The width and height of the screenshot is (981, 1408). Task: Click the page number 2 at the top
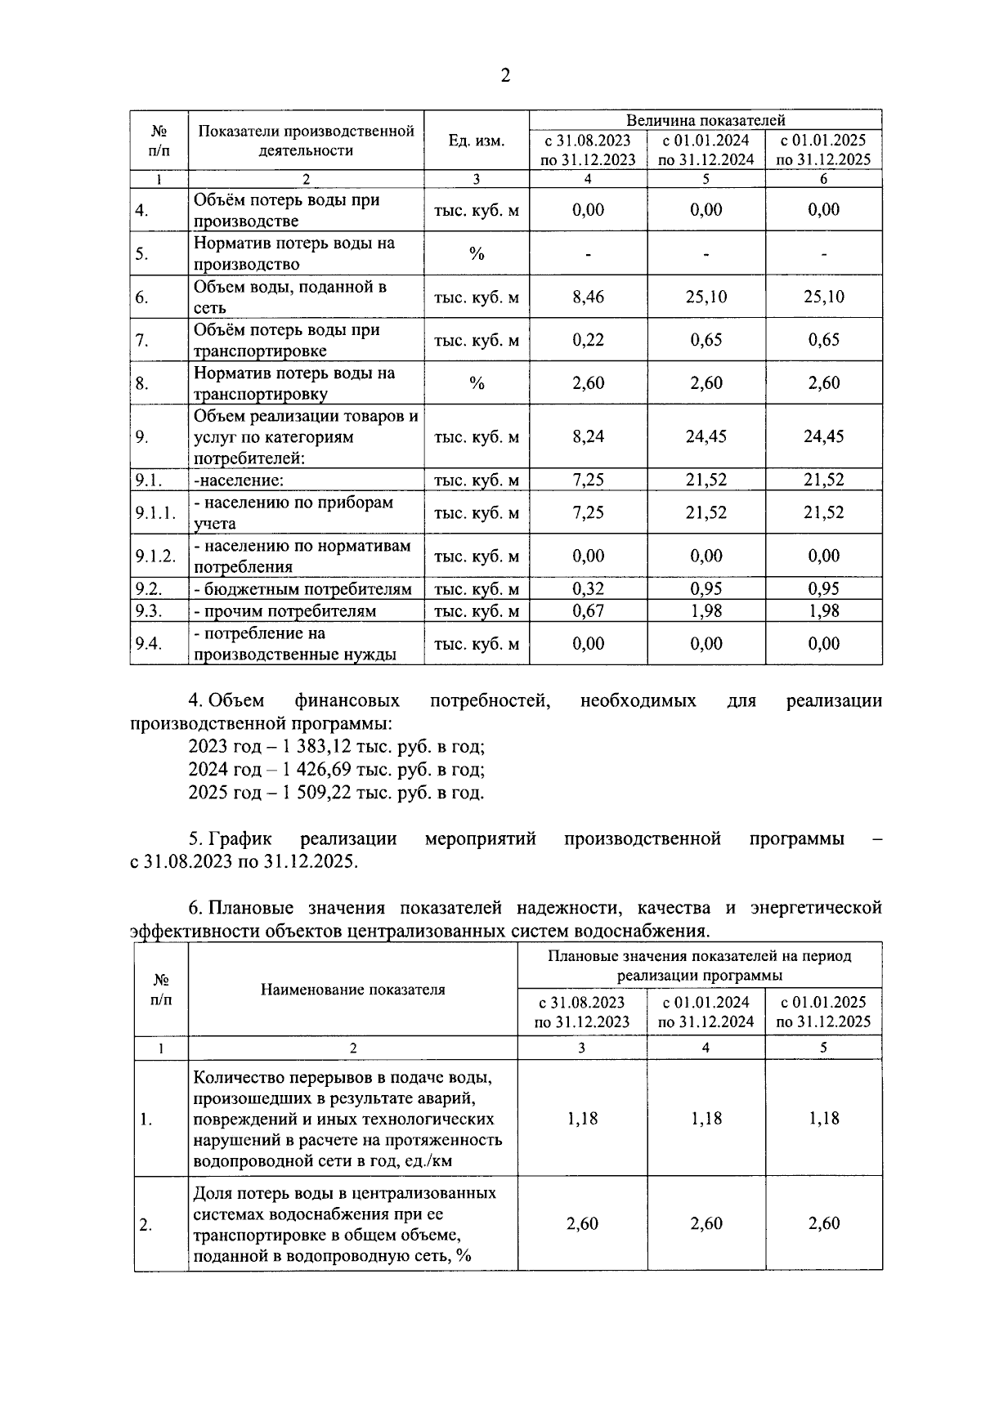point(504,76)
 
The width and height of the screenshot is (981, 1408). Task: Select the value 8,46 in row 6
point(588,297)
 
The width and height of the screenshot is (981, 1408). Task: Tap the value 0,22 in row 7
point(588,340)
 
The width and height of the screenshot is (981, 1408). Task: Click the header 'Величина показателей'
point(706,120)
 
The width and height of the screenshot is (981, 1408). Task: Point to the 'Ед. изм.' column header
point(477,141)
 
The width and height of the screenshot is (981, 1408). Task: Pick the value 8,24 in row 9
point(588,436)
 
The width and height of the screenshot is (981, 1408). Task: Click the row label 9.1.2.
point(155,556)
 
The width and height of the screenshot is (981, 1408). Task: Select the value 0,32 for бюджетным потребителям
point(588,589)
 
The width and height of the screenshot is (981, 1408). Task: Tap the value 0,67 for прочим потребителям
point(588,611)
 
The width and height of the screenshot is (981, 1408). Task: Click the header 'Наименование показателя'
point(352,990)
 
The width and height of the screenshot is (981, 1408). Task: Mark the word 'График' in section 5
point(240,839)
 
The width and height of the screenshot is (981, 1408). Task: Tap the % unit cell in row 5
point(477,253)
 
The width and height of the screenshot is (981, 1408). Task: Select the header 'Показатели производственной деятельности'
point(306,141)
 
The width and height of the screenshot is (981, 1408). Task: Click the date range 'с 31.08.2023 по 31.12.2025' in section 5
point(244,862)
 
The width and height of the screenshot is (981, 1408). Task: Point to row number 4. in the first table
point(142,210)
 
